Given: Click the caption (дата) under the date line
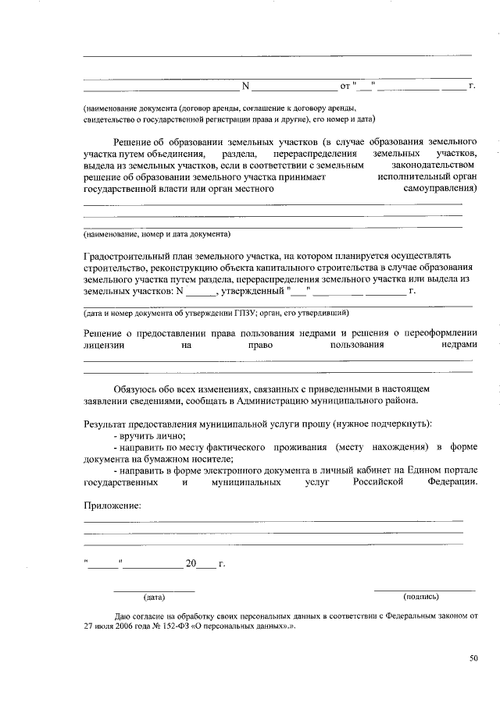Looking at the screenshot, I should [x=153, y=598].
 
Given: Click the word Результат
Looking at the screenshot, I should [x=106, y=424].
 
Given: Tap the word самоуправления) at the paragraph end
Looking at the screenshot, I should [x=441, y=188].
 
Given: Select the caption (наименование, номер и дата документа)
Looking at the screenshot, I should [x=156, y=233].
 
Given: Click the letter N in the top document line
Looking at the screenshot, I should [x=245, y=86].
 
